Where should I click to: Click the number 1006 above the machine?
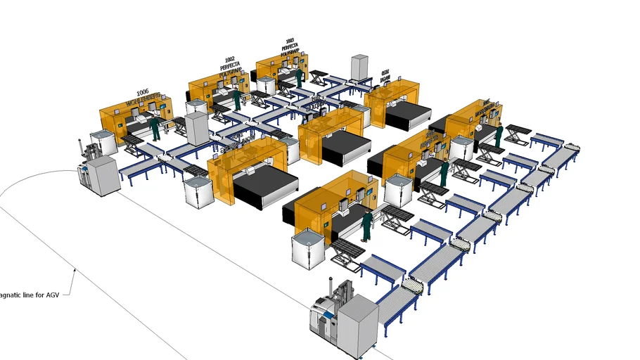143,92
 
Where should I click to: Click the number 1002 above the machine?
229,60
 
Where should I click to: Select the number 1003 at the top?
290,41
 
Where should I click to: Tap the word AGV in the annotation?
53,295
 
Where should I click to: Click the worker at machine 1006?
155,128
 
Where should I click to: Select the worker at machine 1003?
299,77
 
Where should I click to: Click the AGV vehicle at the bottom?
345,317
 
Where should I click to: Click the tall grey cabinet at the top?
360,67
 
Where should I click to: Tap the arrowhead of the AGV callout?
75,269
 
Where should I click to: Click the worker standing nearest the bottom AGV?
367,225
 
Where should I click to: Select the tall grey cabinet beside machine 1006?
198,128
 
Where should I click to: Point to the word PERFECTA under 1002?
230,66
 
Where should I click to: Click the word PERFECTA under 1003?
289,47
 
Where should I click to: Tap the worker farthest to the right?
499,136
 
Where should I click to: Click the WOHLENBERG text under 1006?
144,101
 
